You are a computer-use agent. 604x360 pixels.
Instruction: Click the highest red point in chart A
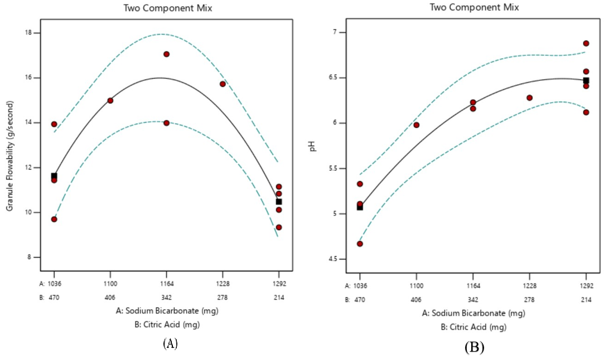coord(166,54)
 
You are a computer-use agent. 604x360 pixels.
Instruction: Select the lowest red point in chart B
coord(360,244)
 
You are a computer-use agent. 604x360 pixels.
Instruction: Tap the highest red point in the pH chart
coord(586,43)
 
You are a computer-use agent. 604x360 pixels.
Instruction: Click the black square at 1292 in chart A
coord(279,202)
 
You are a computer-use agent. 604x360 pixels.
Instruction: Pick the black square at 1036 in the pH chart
coord(360,207)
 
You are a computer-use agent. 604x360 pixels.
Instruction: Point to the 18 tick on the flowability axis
coord(35,33)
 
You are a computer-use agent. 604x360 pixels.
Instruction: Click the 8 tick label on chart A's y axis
coord(36,257)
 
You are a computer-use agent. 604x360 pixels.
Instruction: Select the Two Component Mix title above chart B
coord(473,8)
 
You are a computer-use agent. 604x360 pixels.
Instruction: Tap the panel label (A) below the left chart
coord(170,343)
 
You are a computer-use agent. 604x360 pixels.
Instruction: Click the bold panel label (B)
coord(474,348)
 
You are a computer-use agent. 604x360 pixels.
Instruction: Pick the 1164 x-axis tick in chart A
coord(166,283)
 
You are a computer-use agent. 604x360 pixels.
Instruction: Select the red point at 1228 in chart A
coord(223,84)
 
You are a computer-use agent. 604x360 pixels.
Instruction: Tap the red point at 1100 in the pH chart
coord(416,125)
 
